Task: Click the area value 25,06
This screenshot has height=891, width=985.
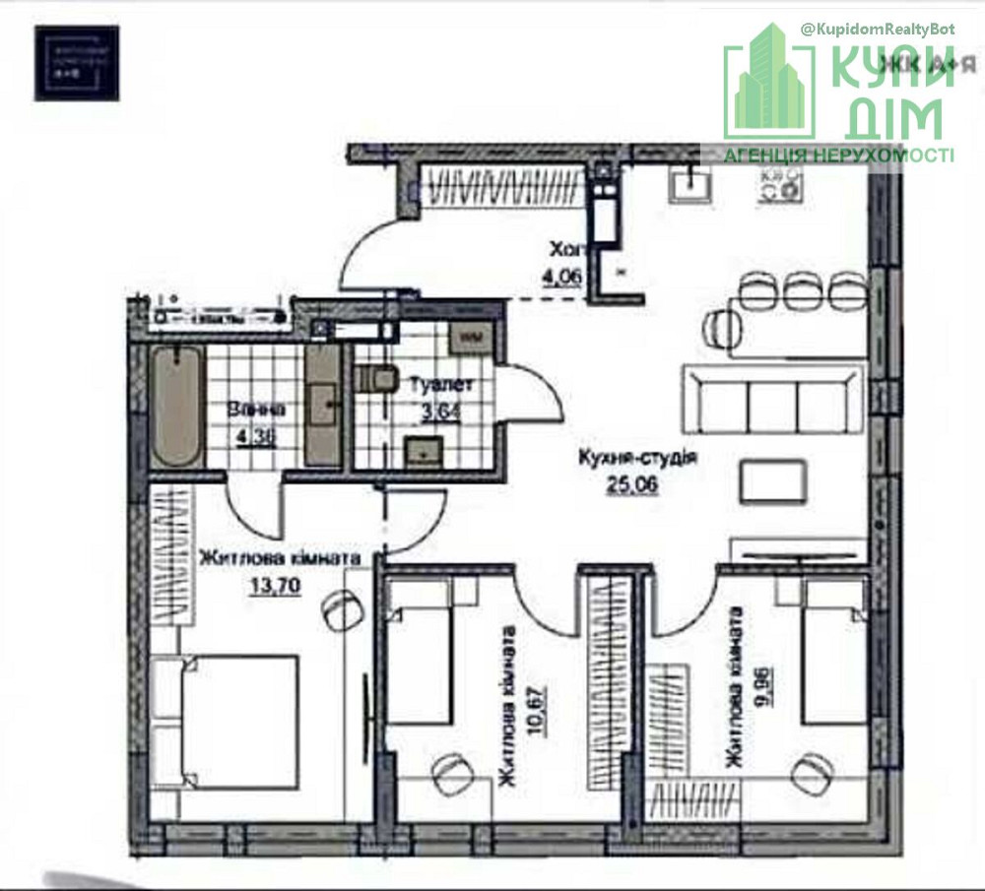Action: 635,483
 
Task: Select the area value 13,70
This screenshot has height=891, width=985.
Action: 275,583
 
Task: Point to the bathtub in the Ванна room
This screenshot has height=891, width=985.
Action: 178,406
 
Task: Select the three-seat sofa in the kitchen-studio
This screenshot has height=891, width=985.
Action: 774,399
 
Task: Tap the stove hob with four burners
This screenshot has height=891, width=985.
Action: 777,183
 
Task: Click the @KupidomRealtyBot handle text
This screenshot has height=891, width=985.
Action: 879,31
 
